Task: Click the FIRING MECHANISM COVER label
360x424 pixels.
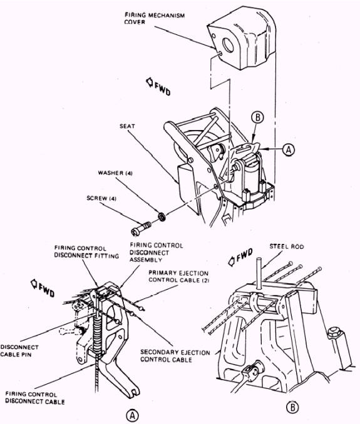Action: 155,18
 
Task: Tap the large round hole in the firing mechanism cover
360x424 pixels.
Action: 228,45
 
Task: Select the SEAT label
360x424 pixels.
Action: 127,126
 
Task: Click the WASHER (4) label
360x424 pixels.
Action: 115,173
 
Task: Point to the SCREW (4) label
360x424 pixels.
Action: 101,198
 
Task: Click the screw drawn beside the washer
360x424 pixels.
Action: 141,229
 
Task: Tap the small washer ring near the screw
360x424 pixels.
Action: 162,216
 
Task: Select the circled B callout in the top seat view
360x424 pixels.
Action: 257,118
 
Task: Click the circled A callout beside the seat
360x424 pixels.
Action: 289,149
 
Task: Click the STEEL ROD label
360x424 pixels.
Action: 287,246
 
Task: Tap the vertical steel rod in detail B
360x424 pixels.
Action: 259,274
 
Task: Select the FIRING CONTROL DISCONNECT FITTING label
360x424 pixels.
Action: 86,252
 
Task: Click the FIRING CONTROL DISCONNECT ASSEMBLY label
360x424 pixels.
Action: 157,253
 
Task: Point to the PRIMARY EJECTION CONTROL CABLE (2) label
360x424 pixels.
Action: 178,276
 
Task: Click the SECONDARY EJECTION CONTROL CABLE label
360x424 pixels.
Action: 175,356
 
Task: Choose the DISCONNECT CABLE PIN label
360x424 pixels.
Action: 19,351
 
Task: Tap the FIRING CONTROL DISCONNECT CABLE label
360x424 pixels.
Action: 35,398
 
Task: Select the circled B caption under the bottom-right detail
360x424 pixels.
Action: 292,407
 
